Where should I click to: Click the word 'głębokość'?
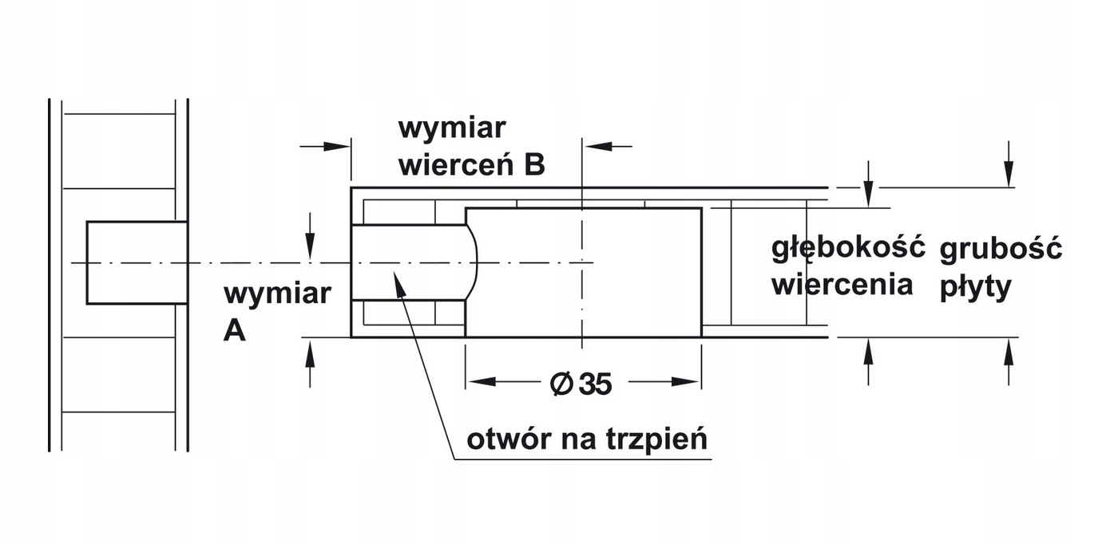847,247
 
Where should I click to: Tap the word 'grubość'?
1001,249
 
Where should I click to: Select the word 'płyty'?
974,287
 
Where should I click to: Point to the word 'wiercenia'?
842,284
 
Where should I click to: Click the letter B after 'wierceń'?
534,164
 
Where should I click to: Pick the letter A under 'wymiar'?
234,330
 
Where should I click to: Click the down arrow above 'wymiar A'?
310,247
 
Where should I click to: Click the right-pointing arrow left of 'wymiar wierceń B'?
339,146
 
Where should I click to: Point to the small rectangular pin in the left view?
137,262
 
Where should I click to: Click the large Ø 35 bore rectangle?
583,272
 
